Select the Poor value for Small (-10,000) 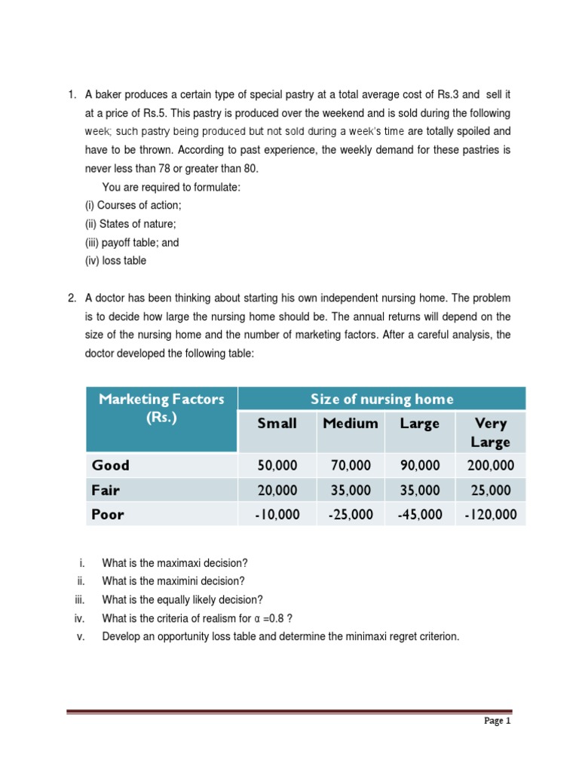(277, 515)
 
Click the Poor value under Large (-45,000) (420, 515)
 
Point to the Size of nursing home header (381, 400)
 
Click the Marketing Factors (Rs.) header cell (161, 409)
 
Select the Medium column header (350, 424)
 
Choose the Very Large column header (490, 433)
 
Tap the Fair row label (106, 490)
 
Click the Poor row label (108, 515)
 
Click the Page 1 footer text (497, 721)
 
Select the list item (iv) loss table (115, 261)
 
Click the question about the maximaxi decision (175, 563)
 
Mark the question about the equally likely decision (182, 599)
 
